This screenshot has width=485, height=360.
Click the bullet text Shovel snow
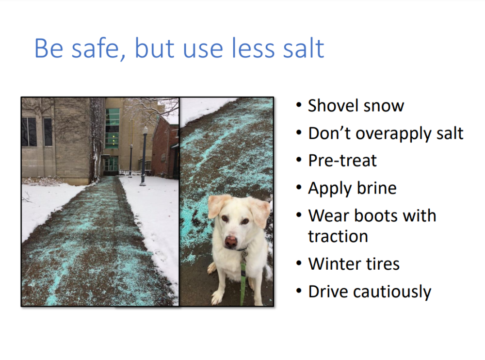[356, 106]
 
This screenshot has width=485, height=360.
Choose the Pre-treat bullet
[342, 161]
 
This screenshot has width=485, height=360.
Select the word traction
[338, 236]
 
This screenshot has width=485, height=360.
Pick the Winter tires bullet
[354, 264]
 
